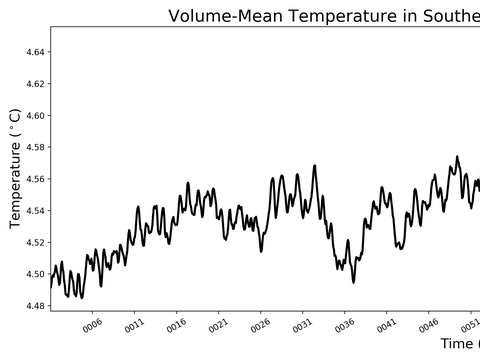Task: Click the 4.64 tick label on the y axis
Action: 32,51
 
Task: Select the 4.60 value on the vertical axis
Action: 32,115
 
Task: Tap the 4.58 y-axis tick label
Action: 32,147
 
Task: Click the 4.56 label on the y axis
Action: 32,179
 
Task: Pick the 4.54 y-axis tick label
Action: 32,210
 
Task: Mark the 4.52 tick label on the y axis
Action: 32,242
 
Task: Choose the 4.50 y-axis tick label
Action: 32,274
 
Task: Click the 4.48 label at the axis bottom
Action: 32,306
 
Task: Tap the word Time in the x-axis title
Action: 459,344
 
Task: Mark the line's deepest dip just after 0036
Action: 353,282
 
